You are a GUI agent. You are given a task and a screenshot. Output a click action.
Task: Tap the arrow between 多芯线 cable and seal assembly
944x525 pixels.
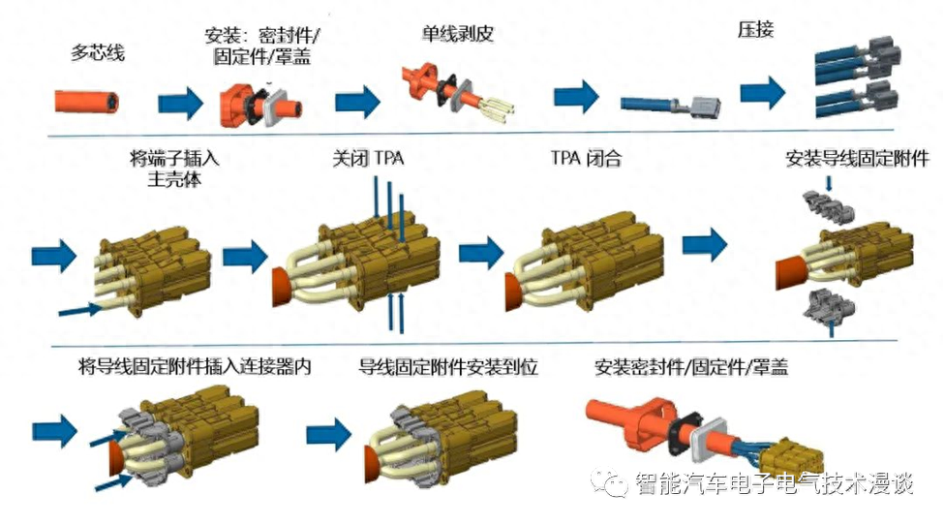[181, 102]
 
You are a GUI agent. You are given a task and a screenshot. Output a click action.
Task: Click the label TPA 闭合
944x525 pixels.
[585, 158]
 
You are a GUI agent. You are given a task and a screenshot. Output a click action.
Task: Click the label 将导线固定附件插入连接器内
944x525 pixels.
[195, 367]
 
